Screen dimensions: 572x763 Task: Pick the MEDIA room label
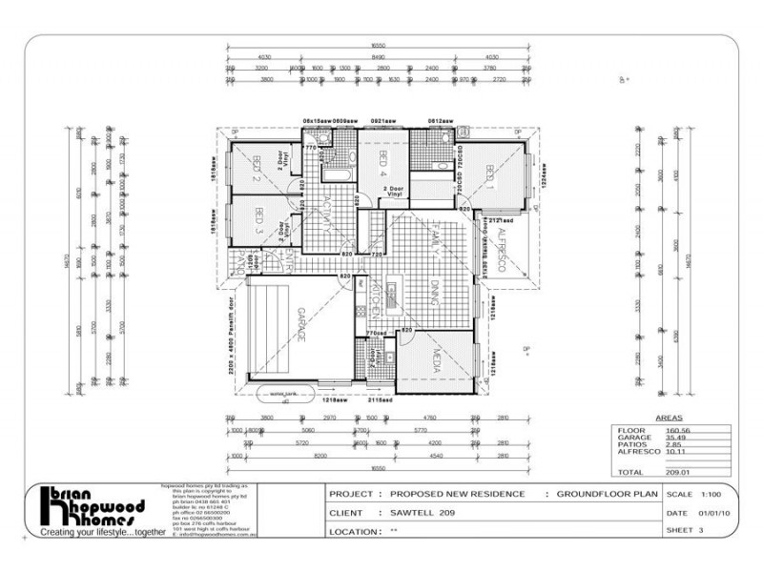(x=431, y=362)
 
